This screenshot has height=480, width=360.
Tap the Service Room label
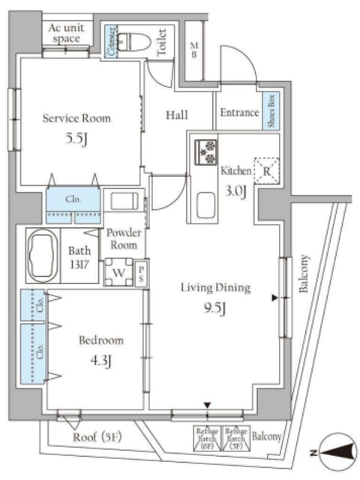[76, 118]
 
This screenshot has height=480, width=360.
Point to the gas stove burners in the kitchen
[205, 151]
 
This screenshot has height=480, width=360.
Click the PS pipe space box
[140, 273]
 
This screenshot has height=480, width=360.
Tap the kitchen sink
[204, 204]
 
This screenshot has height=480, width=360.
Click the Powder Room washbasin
[123, 201]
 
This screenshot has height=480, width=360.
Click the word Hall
[177, 114]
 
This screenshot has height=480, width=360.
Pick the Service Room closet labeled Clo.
[73, 200]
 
